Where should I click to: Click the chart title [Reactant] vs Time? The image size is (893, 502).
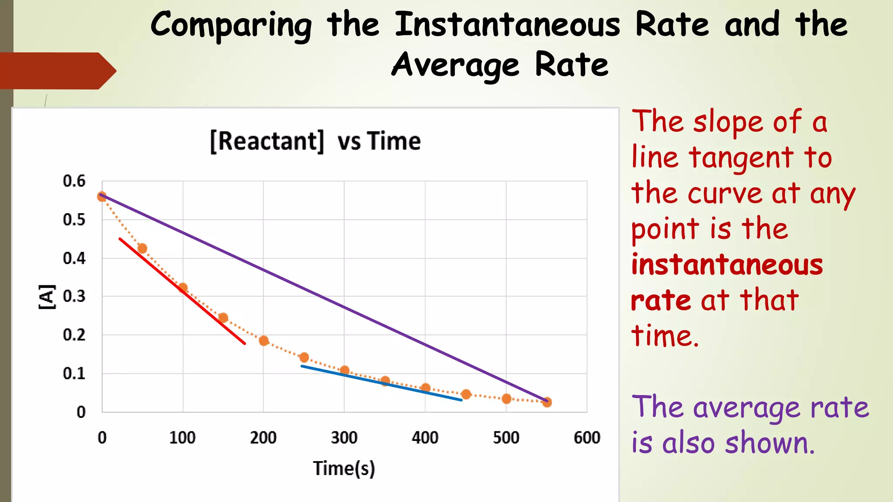click(315, 141)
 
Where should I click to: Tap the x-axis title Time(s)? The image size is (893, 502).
click(344, 468)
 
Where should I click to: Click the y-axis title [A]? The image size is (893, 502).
click(47, 297)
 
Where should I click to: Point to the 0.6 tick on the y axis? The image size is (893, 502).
click(74, 181)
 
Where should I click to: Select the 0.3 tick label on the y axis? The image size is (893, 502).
click(74, 296)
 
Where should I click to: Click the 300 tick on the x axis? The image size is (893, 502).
click(344, 438)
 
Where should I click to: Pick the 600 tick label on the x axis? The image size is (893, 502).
click(587, 438)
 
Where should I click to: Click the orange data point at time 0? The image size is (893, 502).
click(102, 197)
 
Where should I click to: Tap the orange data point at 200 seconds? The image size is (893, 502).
click(263, 341)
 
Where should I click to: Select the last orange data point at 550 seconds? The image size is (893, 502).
click(547, 402)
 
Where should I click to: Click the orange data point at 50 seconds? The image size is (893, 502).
click(142, 248)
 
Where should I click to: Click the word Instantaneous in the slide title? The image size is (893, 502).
click(507, 25)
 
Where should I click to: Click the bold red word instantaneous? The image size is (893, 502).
click(727, 265)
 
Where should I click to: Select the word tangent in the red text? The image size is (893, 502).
click(741, 158)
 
